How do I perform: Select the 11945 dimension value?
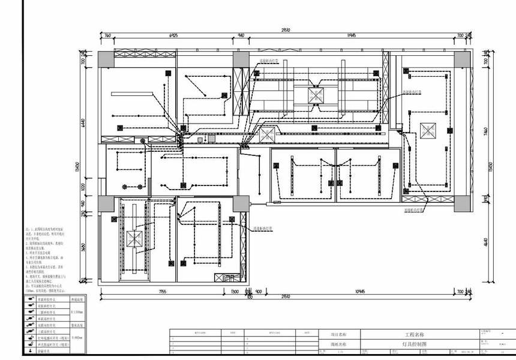pyautogui.click(x=352, y=36)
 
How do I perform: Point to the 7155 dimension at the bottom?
pyautogui.click(x=163, y=292)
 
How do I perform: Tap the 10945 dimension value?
pyautogui.click(x=360, y=292)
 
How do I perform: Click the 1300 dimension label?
pyautogui.click(x=235, y=292)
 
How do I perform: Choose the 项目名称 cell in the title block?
pyautogui.click(x=339, y=334)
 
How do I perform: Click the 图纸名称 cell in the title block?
pyautogui.click(x=339, y=345)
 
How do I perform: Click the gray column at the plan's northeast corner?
pyautogui.click(x=463, y=59)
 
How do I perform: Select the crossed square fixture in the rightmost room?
pyautogui.click(x=429, y=130)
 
